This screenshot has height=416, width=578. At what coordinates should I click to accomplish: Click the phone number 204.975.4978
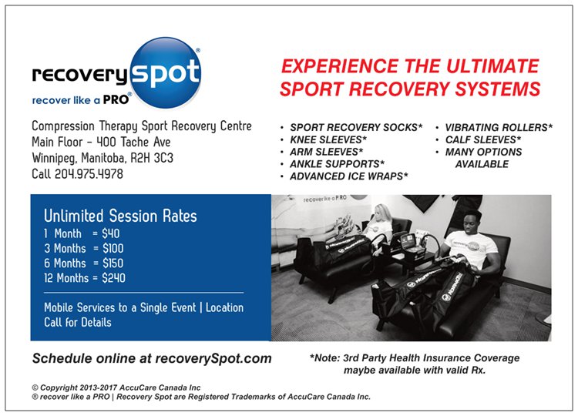(89, 174)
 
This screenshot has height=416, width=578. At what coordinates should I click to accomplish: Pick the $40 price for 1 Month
(111, 233)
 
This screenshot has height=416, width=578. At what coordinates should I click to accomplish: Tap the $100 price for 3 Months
(113, 249)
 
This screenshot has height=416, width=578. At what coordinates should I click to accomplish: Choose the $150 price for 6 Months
(113, 263)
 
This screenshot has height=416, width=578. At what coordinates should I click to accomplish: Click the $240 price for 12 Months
(113, 278)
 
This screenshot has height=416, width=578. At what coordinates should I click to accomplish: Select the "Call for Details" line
(78, 322)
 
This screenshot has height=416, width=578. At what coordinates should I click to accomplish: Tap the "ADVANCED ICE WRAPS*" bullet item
(348, 176)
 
